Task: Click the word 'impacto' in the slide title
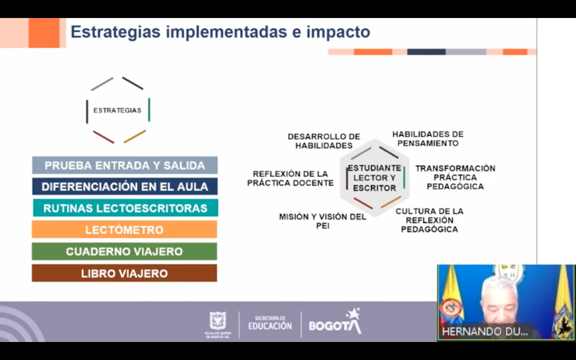coord(338,32)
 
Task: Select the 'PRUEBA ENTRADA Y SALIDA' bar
coord(125,165)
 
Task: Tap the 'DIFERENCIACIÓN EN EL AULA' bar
coord(125,186)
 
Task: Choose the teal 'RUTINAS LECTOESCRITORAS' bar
coord(126,208)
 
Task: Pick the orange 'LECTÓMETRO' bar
coord(125,229)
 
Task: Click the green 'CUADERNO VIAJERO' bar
coord(125,251)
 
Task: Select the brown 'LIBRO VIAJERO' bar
coord(125,273)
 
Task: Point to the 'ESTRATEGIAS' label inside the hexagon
coord(117,110)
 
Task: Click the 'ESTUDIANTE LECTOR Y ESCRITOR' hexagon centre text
coord(374,178)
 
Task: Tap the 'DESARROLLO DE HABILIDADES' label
coord(324,141)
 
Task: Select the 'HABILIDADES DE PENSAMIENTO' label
coord(428,139)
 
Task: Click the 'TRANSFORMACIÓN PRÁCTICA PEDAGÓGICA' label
coord(455,177)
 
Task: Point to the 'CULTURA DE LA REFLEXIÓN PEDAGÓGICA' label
coord(429,220)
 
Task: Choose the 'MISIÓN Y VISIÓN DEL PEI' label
coord(323,221)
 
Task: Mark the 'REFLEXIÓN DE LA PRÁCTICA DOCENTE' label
coord(290,178)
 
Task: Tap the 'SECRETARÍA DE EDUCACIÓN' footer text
coord(270,323)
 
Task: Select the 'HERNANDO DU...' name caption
coord(485,332)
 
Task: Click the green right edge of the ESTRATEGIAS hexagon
coord(149,110)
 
